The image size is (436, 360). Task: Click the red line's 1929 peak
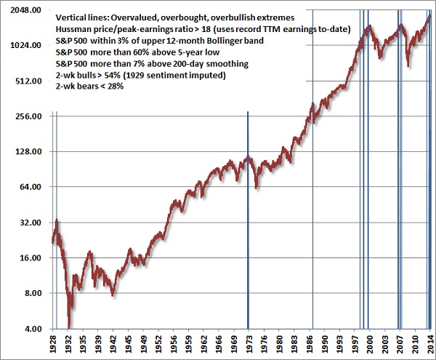[57, 220]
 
